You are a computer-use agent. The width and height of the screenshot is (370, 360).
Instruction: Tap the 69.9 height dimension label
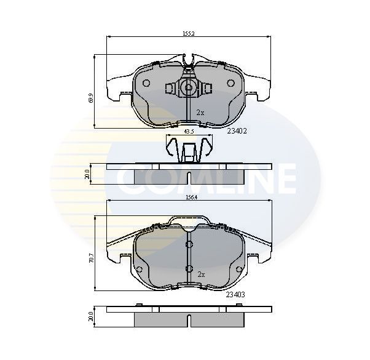click(x=90, y=97)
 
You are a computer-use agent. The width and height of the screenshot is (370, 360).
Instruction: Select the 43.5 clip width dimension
click(x=189, y=131)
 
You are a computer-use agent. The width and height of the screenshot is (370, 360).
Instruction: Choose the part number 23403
click(x=235, y=295)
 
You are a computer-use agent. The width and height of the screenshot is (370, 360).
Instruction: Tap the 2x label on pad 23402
click(x=200, y=113)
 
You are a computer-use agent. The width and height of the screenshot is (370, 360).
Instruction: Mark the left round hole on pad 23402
click(x=146, y=83)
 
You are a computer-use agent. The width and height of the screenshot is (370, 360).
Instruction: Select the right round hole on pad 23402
click(x=231, y=83)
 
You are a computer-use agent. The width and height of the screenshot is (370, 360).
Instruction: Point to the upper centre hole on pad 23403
click(x=189, y=246)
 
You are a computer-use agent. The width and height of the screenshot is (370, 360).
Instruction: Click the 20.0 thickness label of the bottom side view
click(x=90, y=316)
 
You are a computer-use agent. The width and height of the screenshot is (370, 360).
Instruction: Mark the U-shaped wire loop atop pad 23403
click(x=189, y=222)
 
